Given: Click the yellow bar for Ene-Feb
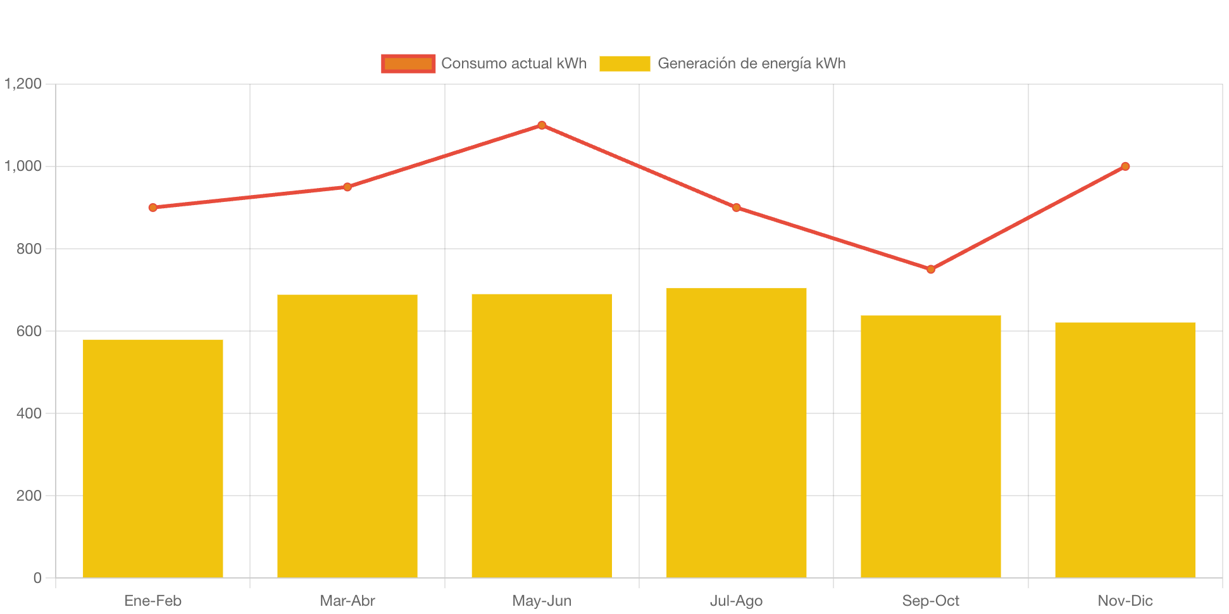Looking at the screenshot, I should click(153, 458).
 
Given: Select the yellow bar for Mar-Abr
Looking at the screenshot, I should click(347, 436).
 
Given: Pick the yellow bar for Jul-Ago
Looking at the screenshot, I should click(736, 433).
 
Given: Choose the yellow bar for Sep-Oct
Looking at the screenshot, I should click(930, 446).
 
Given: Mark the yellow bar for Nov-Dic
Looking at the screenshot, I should click(1125, 450).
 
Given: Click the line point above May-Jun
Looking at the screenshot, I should click(542, 125).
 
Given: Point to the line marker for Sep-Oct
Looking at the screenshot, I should click(930, 270).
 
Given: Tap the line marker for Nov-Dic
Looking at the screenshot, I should click(1125, 166).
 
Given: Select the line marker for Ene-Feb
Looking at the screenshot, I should click(153, 208).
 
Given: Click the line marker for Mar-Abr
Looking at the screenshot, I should click(347, 187).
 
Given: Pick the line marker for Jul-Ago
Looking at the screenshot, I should click(736, 208).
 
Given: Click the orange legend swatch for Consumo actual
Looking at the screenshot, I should click(408, 63).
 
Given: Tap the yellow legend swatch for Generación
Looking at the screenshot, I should click(625, 63).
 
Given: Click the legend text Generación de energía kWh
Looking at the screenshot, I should click(751, 63).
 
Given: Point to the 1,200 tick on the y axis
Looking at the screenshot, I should click(23, 84).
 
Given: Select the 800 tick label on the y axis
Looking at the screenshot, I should click(29, 249).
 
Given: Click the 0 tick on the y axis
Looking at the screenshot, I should click(37, 578).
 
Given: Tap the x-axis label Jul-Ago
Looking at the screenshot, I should click(736, 601).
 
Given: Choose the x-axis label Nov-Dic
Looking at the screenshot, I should click(1125, 601).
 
